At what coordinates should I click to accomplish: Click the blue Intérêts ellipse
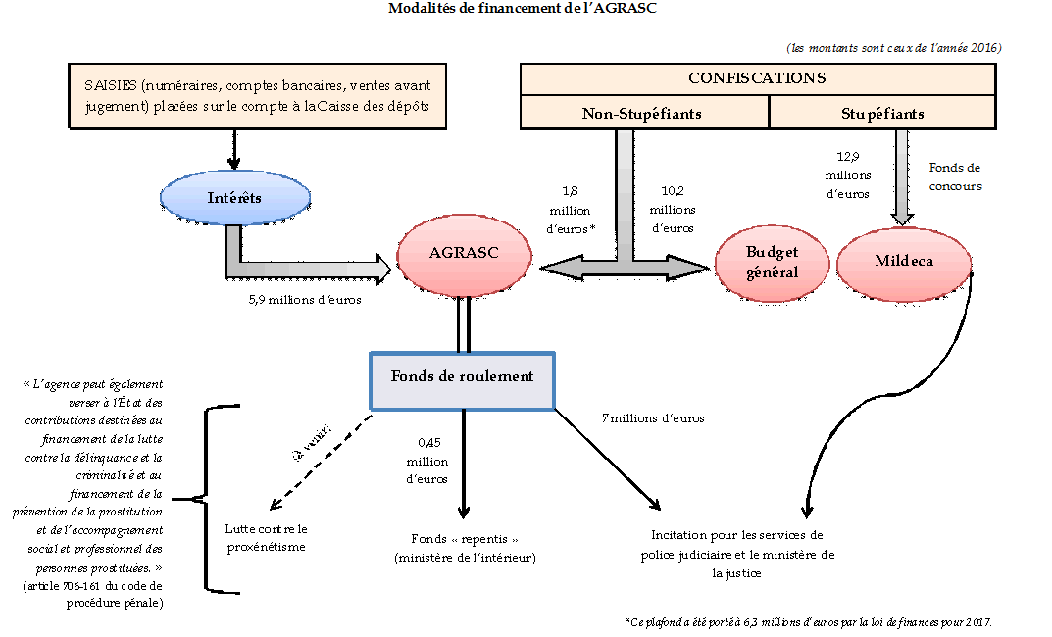coord(234,198)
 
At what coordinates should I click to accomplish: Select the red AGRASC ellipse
coord(464,253)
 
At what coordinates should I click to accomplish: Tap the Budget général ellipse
coord(772,262)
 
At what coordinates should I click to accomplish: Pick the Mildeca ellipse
coord(903,262)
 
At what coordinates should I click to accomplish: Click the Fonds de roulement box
coord(462,377)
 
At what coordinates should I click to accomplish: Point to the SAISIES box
coord(257,96)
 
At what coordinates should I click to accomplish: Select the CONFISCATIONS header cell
coord(756,78)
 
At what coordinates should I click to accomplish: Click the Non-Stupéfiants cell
coord(643,114)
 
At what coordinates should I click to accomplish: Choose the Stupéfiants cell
coord(881,114)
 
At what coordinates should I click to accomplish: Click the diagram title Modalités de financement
coord(522,9)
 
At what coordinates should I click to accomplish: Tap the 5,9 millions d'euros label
coord(304,300)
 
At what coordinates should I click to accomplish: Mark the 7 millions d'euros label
coord(653,418)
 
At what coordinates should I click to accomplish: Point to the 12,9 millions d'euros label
coord(847,174)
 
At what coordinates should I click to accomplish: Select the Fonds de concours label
coord(953,176)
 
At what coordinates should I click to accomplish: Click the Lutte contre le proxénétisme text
coord(266,537)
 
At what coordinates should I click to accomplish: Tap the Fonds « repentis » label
coord(465,548)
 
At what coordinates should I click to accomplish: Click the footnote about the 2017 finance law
coord(808,622)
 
